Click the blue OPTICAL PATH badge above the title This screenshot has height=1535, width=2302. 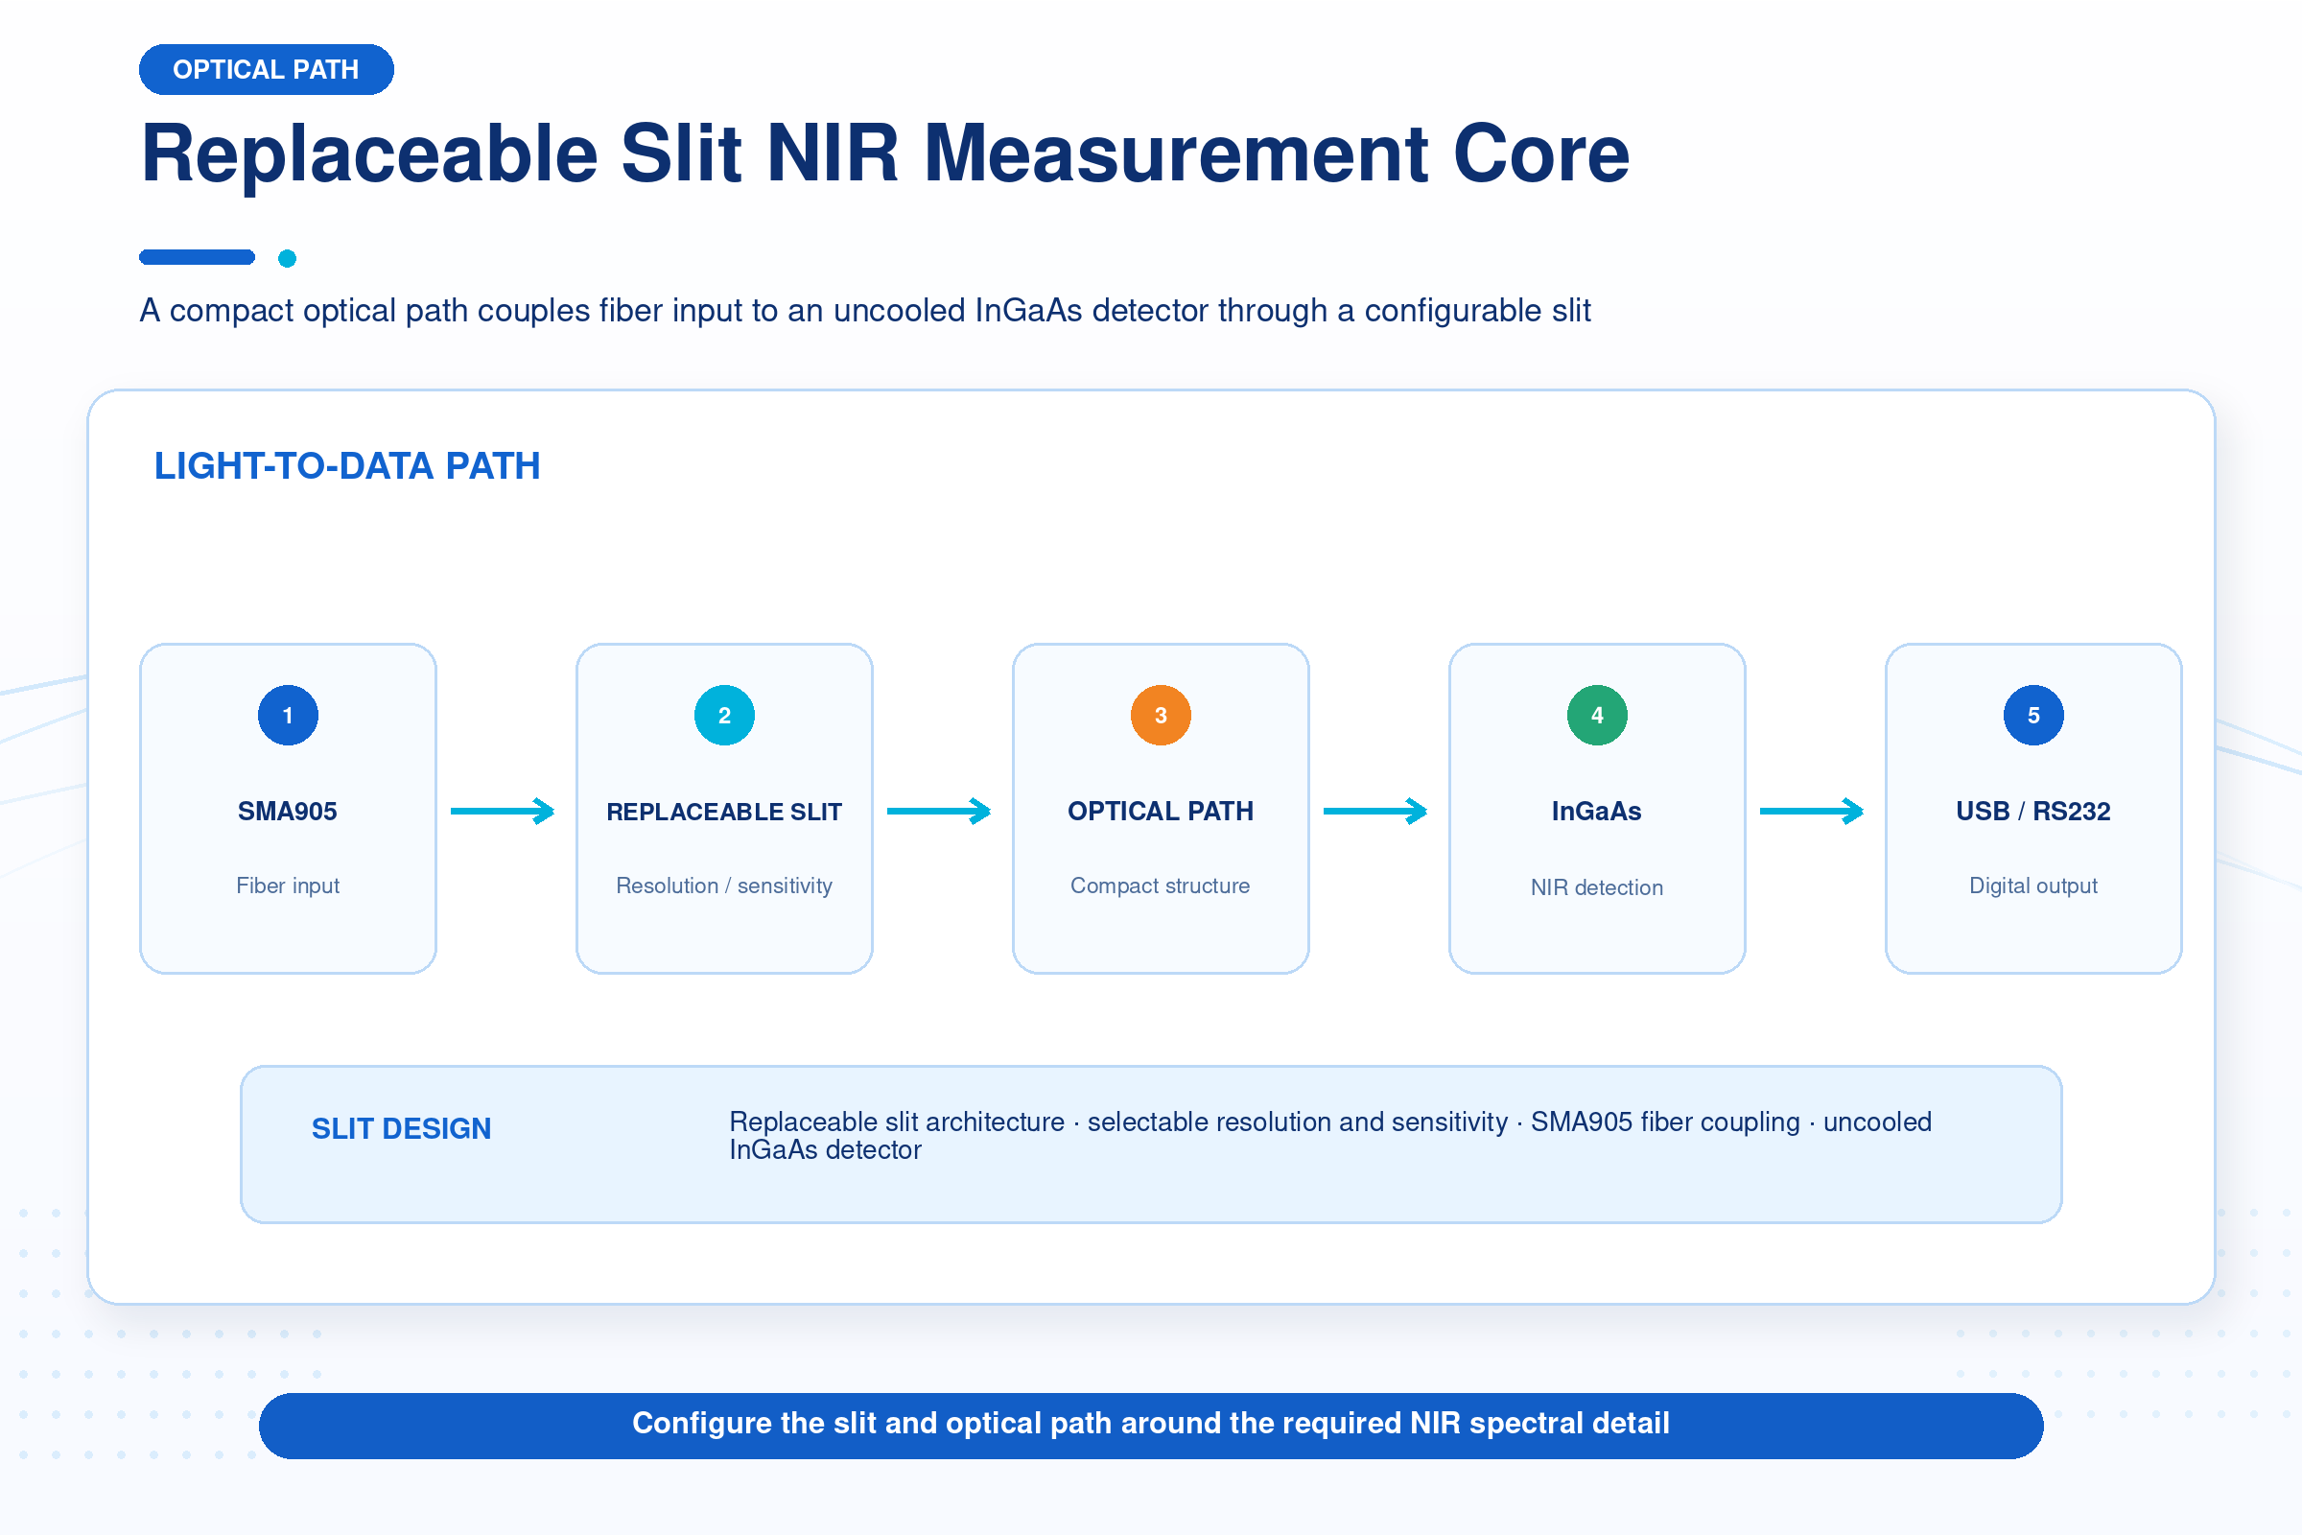point(267,69)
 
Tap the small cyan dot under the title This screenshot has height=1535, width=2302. point(287,258)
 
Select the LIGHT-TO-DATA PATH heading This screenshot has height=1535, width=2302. point(347,466)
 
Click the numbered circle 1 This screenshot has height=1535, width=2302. point(288,716)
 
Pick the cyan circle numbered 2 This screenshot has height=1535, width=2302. point(724,716)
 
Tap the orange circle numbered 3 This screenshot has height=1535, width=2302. point(1161,716)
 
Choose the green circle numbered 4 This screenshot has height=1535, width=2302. point(1597,716)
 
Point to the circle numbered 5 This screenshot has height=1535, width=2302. point(2033,716)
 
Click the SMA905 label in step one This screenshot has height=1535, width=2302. point(288,812)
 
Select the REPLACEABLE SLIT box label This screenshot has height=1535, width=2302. point(724,812)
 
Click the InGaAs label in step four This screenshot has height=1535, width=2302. point(1597,812)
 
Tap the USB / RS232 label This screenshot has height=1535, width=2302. point(2033,812)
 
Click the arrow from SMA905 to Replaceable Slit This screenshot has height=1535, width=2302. point(503,811)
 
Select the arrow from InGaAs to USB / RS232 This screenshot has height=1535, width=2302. point(1812,811)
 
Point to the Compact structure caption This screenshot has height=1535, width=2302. point(1161,886)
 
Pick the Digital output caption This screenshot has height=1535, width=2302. point(2033,886)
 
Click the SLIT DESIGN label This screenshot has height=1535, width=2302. point(401,1129)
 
